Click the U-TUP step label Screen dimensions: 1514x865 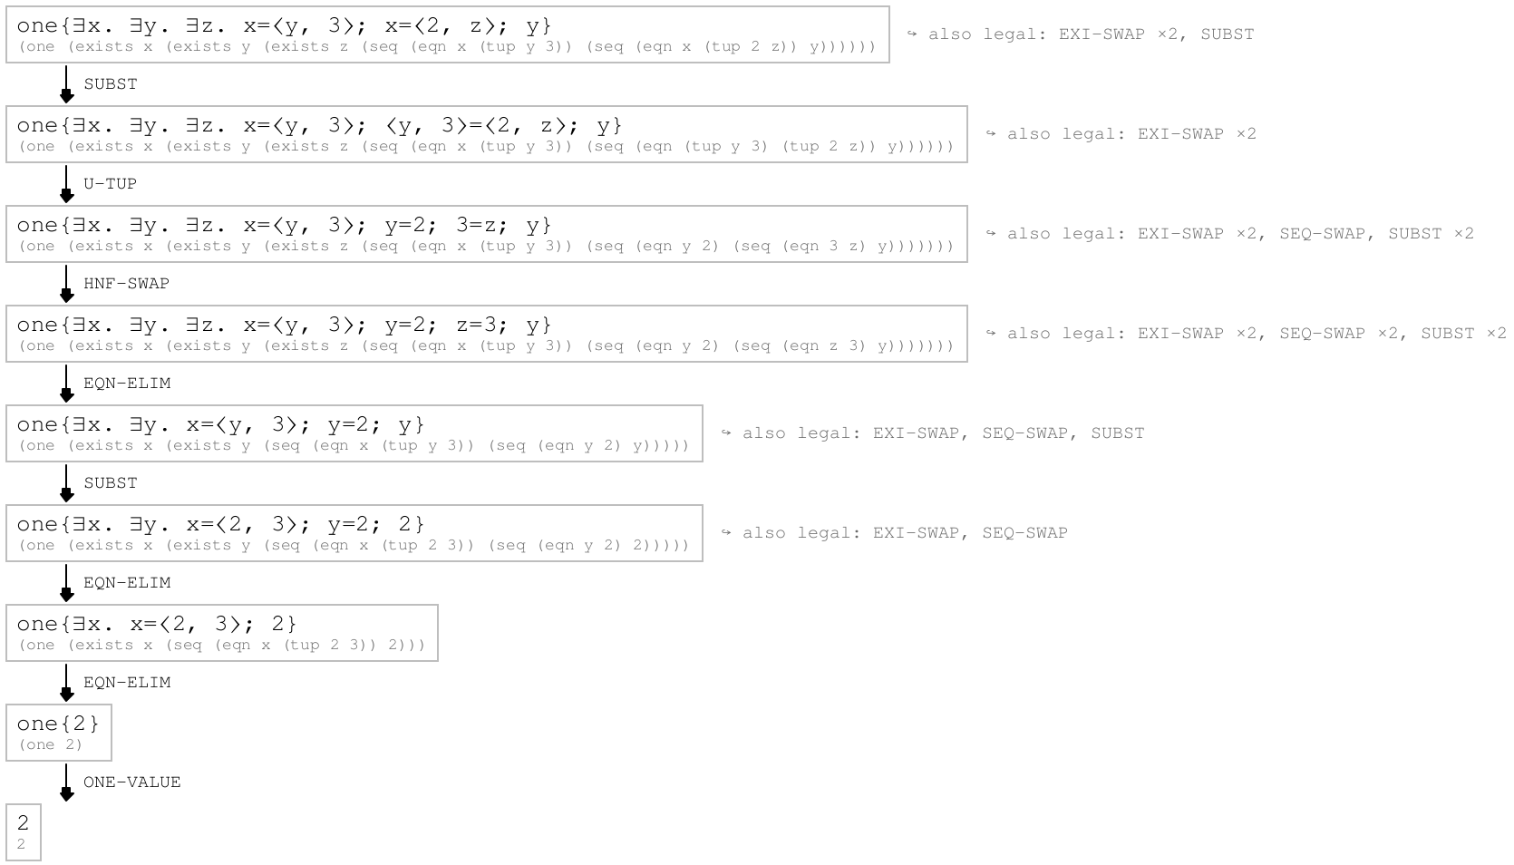(111, 184)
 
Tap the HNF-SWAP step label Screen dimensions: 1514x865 (126, 283)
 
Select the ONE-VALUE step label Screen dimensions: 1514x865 (131, 782)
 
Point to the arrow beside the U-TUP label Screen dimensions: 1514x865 (66, 184)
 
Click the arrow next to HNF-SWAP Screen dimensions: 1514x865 (66, 283)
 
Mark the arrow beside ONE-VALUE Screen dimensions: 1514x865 (66, 782)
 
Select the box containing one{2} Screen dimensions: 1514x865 (59, 733)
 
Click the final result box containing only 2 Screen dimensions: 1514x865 (24, 831)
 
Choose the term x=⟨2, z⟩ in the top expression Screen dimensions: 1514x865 (445, 25)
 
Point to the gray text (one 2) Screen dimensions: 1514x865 (50, 744)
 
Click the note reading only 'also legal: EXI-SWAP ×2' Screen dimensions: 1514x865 (1121, 134)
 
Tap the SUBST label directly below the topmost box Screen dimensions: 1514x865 (111, 83)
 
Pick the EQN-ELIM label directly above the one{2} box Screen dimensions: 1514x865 (127, 683)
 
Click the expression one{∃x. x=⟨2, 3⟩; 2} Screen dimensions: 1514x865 (157, 624)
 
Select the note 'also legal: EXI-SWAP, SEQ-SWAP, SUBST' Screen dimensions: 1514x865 (933, 433)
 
